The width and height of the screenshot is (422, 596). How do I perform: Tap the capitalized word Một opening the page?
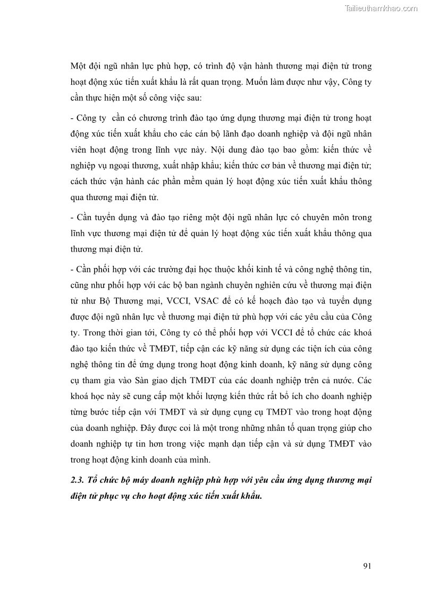pyautogui.click(x=78, y=66)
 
